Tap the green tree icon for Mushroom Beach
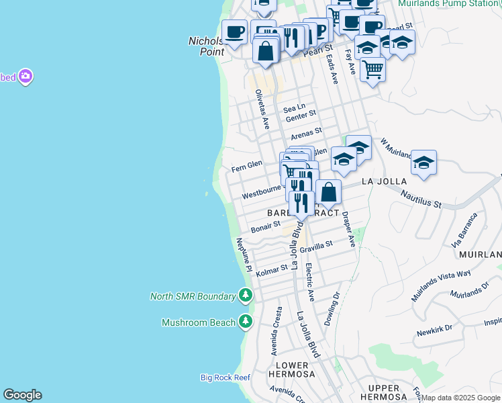(246, 322)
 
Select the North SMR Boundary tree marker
(246, 296)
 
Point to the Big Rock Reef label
(225, 377)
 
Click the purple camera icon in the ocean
(26, 77)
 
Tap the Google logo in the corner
(22, 395)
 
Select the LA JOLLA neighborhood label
(385, 182)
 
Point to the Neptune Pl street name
(244, 255)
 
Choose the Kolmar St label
(272, 271)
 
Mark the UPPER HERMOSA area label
(379, 389)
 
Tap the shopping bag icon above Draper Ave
(328, 193)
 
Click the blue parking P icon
(320, 30)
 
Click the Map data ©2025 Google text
(461, 398)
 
